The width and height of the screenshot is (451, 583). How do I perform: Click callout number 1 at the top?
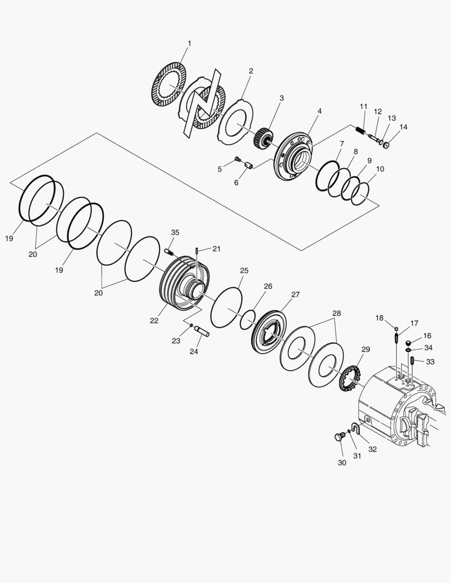click(189, 43)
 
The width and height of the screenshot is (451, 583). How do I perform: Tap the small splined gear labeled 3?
click(263, 136)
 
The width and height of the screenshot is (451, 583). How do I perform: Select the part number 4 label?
click(319, 111)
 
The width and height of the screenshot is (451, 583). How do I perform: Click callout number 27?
click(295, 295)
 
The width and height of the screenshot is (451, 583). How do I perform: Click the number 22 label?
click(154, 321)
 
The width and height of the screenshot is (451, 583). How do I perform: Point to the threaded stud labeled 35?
click(169, 252)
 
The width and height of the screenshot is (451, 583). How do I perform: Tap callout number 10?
click(380, 169)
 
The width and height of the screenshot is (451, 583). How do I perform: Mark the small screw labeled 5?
click(238, 159)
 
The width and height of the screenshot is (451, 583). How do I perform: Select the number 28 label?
click(336, 313)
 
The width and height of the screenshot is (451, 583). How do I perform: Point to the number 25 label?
click(244, 270)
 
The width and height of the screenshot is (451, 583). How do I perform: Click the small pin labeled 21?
click(198, 250)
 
